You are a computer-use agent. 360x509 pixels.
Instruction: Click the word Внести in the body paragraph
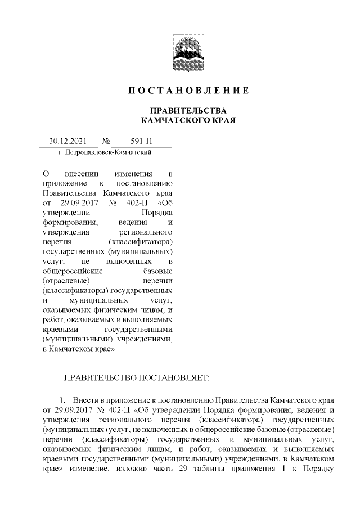point(91,400)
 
